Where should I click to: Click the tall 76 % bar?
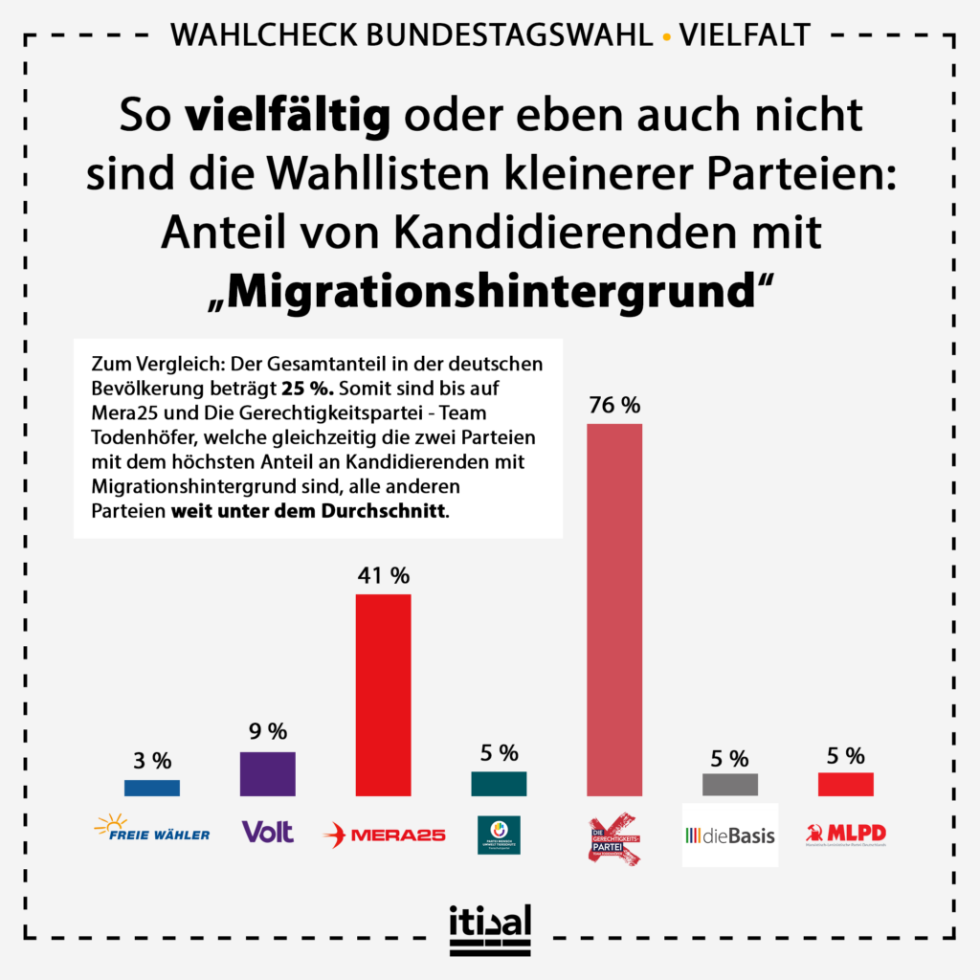(613, 609)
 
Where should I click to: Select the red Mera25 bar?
(383, 695)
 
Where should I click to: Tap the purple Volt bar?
(268, 773)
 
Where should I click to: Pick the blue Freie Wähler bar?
(152, 788)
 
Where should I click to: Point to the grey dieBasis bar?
(729, 785)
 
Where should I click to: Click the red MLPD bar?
(845, 785)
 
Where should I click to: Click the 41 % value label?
(383, 575)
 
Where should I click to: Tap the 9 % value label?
(267, 732)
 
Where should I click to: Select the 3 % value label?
(152, 761)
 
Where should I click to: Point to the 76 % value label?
(613, 405)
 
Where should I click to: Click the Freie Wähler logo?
(152, 828)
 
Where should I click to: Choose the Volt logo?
(268, 832)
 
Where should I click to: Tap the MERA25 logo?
(384, 834)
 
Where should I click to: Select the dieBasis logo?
(729, 835)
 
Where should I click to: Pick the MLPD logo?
(845, 834)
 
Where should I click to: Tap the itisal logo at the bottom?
(489, 929)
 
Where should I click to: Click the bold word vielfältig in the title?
(287, 116)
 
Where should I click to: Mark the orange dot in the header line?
(666, 37)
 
